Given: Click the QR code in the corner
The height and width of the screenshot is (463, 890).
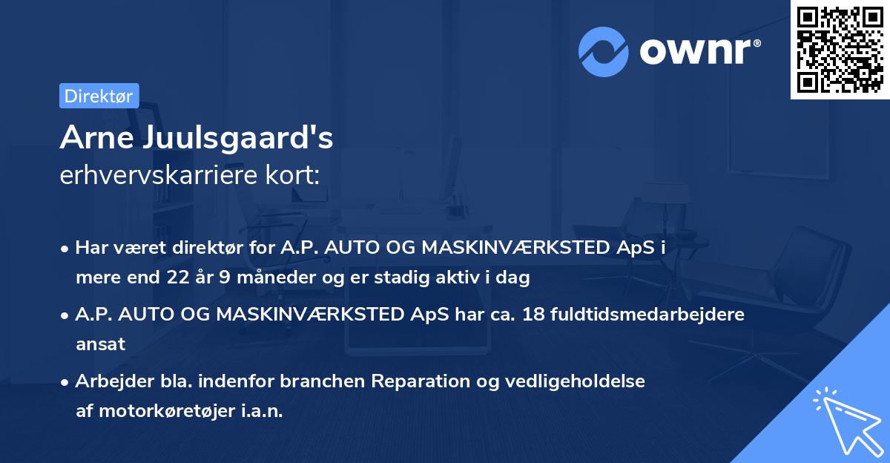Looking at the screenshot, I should pyautogui.click(x=840, y=50).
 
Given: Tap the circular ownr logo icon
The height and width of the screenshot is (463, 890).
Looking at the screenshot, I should pyautogui.click(x=604, y=51).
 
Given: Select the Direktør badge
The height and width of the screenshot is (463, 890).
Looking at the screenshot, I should pyautogui.click(x=99, y=96).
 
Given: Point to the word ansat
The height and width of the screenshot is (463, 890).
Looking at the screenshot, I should pyautogui.click(x=100, y=344).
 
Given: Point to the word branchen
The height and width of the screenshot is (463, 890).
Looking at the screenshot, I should pyautogui.click(x=327, y=381).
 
